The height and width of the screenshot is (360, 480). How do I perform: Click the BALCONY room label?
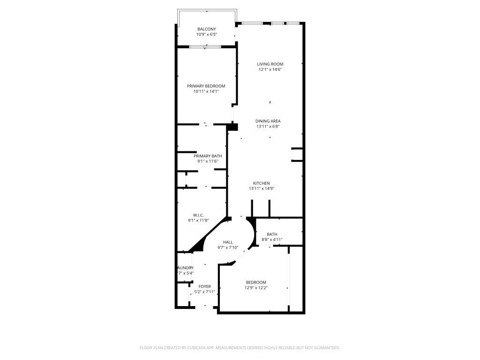coord(206,29)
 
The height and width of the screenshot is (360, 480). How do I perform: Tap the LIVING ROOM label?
coord(270,64)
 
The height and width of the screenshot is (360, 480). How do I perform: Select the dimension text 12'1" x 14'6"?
coord(270,70)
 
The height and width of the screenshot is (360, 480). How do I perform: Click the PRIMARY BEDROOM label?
coord(206,86)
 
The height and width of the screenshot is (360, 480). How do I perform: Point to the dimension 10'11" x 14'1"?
coord(206,91)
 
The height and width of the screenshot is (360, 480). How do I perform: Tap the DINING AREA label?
coord(268,121)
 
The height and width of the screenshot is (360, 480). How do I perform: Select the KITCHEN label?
coord(262,183)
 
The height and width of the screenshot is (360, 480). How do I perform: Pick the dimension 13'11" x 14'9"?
coord(262,188)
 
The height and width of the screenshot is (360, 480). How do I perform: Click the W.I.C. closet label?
coord(198,215)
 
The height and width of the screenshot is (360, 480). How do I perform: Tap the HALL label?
coord(228,242)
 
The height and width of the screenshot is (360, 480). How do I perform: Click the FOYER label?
coord(204,286)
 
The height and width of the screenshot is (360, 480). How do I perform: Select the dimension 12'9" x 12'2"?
coord(256,288)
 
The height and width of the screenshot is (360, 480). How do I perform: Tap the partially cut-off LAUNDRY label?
coord(186,268)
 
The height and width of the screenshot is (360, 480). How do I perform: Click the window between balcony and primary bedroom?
coord(205,46)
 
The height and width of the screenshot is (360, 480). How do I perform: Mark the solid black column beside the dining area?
coord(232,127)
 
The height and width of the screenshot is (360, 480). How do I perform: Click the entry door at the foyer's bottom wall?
coord(204,307)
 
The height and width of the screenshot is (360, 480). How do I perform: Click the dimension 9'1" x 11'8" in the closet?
coord(198,220)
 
